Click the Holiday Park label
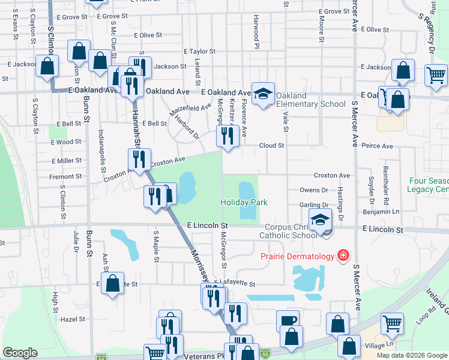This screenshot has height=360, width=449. pyautogui.click(x=244, y=203)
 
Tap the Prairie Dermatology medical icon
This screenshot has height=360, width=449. pyautogui.click(x=343, y=257)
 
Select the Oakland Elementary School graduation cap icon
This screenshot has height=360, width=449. pyautogui.click(x=262, y=94)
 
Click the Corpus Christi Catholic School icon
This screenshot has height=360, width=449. pyautogui.click(x=321, y=220)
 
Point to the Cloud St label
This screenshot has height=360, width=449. pyautogui.click(x=271, y=145)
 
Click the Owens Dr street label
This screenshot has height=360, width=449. pyautogui.click(x=313, y=190)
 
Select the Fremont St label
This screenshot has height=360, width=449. pyautogui.click(x=65, y=176)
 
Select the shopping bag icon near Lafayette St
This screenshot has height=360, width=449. pyautogui.click(x=112, y=283)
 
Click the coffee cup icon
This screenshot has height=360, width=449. pyautogui.click(x=289, y=320)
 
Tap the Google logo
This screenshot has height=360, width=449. pyautogui.click(x=20, y=353)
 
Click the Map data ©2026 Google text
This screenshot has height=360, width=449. pyautogui.click(x=412, y=355)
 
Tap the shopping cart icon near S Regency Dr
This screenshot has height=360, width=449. pyautogui.click(x=435, y=75)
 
